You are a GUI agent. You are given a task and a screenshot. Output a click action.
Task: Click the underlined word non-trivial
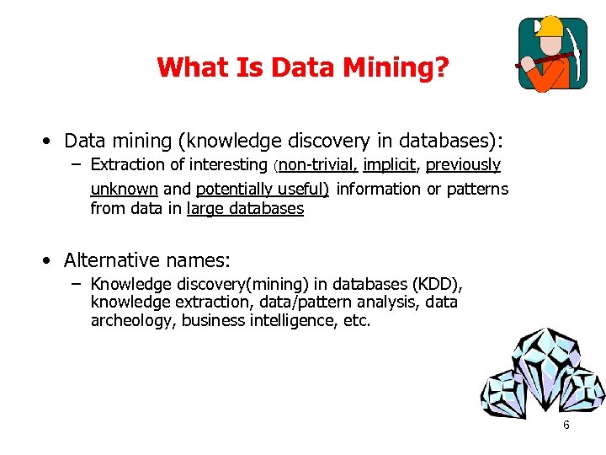click(x=317, y=165)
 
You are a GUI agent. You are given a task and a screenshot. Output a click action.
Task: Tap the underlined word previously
click(x=463, y=165)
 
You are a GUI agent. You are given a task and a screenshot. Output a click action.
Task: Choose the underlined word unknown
click(x=124, y=189)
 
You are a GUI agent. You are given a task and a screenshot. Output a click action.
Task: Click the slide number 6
click(x=566, y=425)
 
